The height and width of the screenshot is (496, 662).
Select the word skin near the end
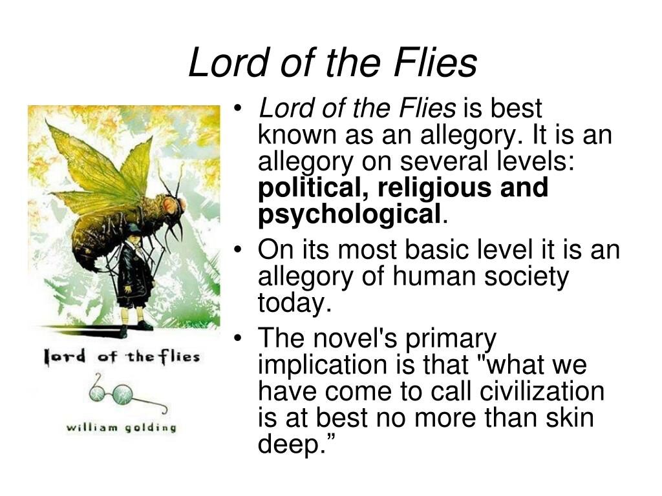point(570,417)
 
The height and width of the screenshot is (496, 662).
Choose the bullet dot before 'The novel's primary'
point(239,338)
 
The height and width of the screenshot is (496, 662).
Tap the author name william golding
point(121,428)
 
